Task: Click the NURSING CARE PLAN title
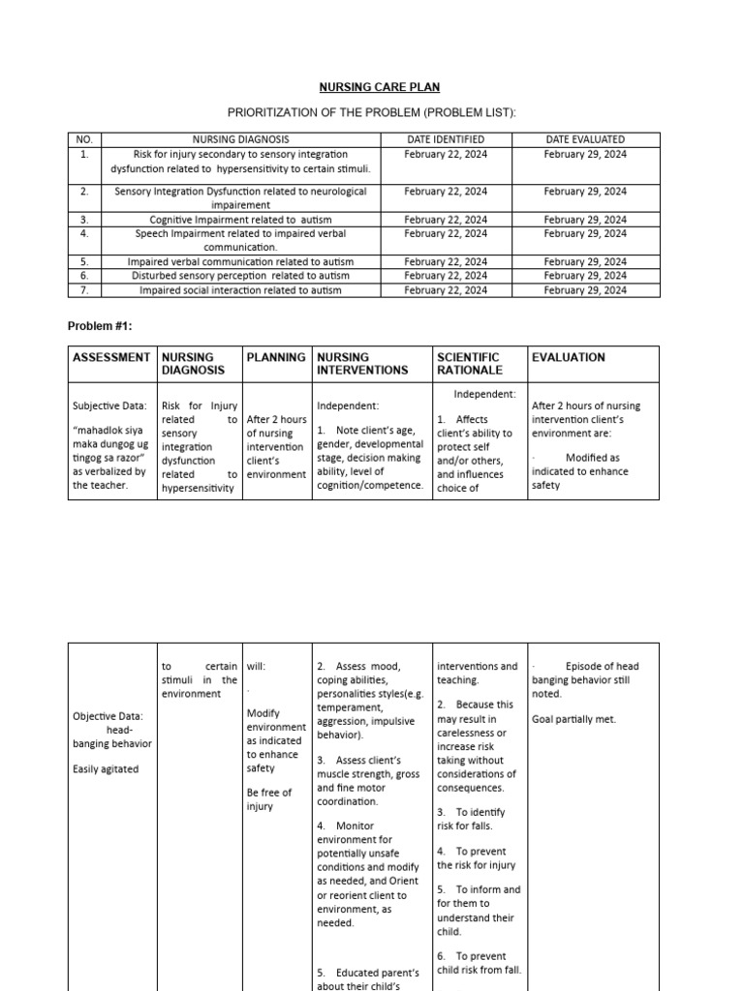pyautogui.click(x=373, y=87)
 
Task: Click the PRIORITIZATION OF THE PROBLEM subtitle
pyautogui.click(x=373, y=113)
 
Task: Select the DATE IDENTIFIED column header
pyautogui.click(x=446, y=139)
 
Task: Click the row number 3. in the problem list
pyautogui.click(x=84, y=220)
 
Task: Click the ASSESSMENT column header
pyautogui.click(x=111, y=357)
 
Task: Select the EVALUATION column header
pyautogui.click(x=569, y=357)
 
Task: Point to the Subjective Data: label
pyautogui.click(x=109, y=406)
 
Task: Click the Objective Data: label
pyautogui.click(x=108, y=717)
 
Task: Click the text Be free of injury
pyautogui.click(x=268, y=799)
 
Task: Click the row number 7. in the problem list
pyautogui.click(x=84, y=289)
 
